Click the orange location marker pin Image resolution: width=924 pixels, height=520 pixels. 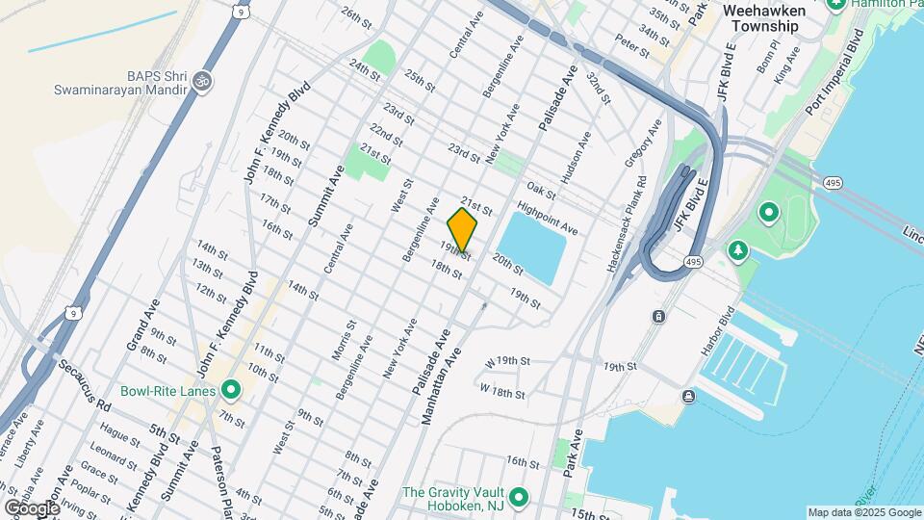(x=463, y=230)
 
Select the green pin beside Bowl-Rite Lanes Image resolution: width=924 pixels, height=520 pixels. (x=231, y=390)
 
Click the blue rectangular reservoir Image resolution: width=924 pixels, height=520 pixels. (x=532, y=247)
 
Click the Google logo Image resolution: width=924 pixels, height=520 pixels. (x=31, y=507)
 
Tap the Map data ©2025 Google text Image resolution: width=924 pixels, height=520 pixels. (x=863, y=511)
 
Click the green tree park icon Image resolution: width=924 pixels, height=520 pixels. (x=738, y=250)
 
